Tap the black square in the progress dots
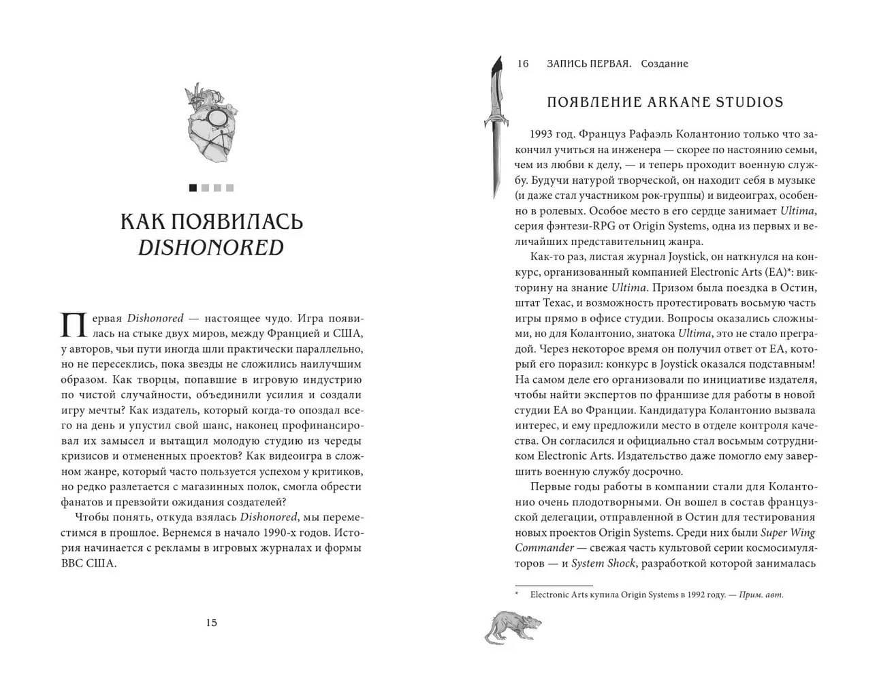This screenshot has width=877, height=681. coord(193,188)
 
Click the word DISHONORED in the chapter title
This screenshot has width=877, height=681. coord(211,247)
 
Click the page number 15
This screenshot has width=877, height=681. coord(211,622)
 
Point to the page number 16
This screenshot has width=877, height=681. coord(523,64)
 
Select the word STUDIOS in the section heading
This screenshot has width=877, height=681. coord(751,103)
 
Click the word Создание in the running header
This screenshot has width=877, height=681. coord(664,64)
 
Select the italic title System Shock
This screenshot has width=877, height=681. coord(603,563)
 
